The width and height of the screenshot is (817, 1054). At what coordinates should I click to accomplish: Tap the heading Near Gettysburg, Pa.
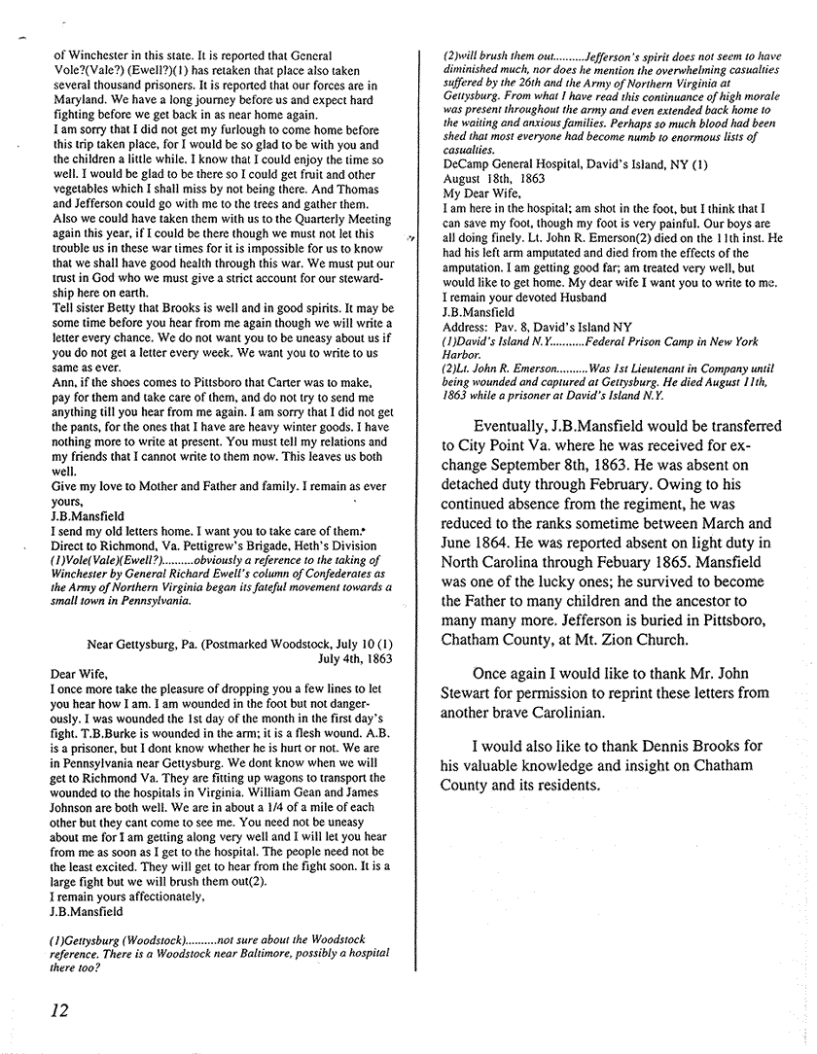(x=147, y=643)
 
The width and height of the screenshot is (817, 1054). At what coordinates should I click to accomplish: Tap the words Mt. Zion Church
(x=642, y=642)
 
